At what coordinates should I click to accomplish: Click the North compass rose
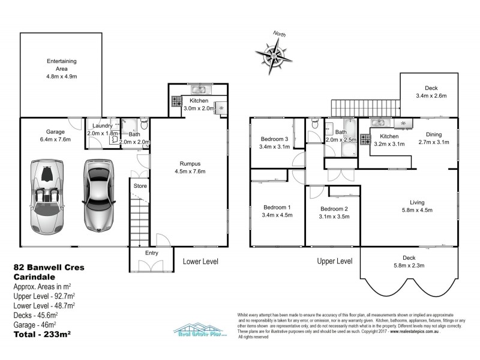pos(275,56)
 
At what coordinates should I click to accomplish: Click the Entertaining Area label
pos(62,69)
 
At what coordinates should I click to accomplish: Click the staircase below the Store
pos(139,223)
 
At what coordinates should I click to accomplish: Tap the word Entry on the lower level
pos(151,253)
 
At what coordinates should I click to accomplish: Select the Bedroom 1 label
pos(276,208)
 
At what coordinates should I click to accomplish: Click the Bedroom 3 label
pos(275,139)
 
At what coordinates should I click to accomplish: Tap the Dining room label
pos(433,134)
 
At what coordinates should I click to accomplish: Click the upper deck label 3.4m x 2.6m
pos(431,96)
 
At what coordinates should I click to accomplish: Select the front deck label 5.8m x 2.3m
pos(409,265)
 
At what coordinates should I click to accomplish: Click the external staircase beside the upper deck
pos(365,107)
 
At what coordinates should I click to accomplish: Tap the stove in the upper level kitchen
pos(364,140)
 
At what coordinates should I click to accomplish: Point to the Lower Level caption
pos(200,262)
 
